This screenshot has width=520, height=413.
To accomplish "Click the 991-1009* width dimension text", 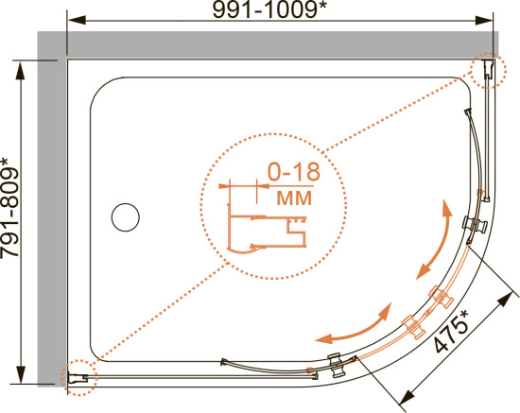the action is tap(269, 10).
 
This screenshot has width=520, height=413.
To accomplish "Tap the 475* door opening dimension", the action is tap(452, 331).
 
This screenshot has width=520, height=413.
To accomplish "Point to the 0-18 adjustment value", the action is tap(293, 172).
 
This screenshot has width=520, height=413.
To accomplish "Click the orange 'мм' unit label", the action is tap(294, 198).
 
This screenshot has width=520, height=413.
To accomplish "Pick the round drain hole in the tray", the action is tap(126, 217).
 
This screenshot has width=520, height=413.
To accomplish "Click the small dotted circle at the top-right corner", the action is tap(489, 70).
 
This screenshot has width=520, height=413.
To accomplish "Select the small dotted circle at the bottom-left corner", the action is tap(78, 377).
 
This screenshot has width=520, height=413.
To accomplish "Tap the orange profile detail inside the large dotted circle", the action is tap(266, 229).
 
